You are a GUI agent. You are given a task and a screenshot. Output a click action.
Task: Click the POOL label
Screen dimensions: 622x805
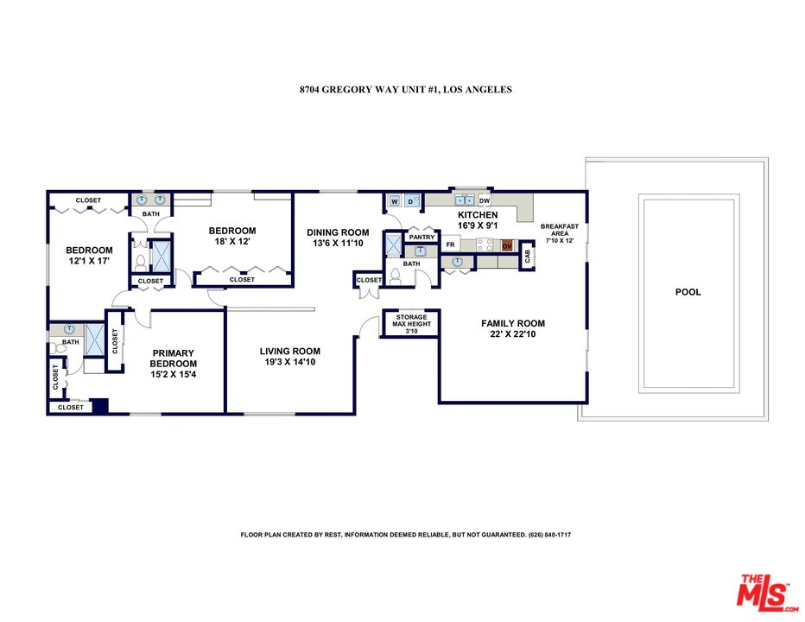[688, 292]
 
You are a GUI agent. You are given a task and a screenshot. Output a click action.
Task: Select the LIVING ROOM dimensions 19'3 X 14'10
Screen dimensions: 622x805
[290, 364]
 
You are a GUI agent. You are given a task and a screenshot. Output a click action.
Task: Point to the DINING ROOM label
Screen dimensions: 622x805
[338, 232]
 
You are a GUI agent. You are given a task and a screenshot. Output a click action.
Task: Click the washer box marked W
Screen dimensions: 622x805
[395, 201]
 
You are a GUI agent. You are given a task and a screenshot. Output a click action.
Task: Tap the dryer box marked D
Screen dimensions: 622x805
[410, 201]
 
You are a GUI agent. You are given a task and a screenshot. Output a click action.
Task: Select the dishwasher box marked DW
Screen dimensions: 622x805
[485, 200]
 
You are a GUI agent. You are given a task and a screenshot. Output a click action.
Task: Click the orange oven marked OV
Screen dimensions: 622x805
[507, 245]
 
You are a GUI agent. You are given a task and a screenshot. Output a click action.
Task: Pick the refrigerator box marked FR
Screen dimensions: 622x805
[450, 245]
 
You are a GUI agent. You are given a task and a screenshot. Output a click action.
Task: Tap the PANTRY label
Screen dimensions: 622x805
[422, 237]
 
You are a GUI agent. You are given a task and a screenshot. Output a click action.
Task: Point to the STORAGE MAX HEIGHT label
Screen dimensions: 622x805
[411, 324]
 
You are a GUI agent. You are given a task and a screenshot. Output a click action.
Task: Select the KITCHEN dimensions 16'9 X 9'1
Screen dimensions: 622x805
[477, 225]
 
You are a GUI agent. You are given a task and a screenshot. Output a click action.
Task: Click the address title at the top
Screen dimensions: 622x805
[402, 89]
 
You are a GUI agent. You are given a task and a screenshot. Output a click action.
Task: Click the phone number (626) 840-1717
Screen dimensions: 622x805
[548, 535]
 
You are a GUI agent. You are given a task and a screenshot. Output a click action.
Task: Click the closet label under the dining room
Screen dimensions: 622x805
[369, 280]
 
